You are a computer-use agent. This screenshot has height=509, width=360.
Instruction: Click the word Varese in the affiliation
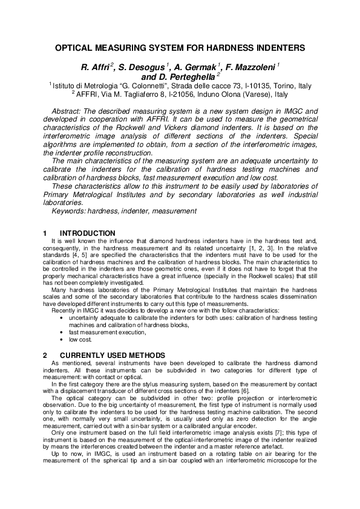point(256,94)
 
